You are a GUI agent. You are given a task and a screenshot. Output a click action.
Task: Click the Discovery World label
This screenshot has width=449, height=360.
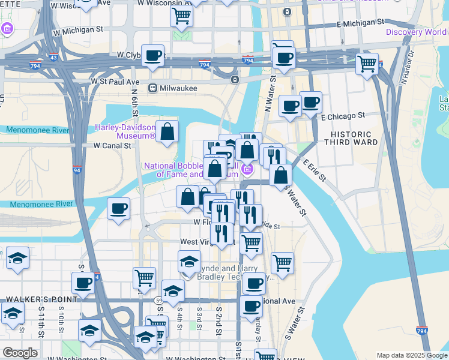[x=417, y=32]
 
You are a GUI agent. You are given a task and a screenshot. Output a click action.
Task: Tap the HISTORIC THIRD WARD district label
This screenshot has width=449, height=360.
[x=351, y=138]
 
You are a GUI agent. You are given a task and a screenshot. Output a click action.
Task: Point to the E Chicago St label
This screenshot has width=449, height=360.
[x=343, y=115]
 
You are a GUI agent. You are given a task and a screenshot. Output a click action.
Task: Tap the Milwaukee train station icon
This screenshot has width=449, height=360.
[x=153, y=88]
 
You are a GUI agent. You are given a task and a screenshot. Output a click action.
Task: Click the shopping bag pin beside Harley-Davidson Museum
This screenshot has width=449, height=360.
[x=167, y=130]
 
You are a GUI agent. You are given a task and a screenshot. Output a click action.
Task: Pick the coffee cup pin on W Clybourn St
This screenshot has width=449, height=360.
[x=153, y=55]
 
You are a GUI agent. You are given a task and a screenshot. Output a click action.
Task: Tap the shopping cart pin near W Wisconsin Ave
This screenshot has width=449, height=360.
[x=181, y=16]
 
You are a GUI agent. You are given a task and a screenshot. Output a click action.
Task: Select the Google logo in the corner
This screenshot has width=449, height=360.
[x=19, y=353]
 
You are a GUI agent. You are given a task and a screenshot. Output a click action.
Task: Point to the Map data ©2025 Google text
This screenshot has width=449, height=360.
[x=411, y=355]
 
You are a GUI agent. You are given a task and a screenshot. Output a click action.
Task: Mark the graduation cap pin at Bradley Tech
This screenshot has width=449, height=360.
[x=189, y=261]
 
